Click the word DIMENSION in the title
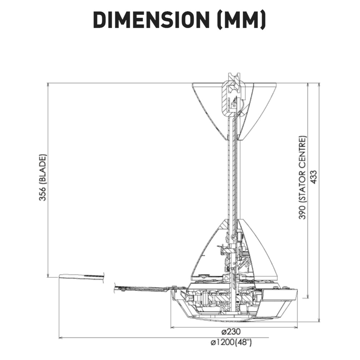point(151,20)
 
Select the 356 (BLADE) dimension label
point(43,178)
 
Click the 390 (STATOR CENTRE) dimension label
point(302,178)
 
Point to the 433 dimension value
point(313,177)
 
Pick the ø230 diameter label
point(231,331)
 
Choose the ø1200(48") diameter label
point(231,342)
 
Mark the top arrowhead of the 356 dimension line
point(48,85)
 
